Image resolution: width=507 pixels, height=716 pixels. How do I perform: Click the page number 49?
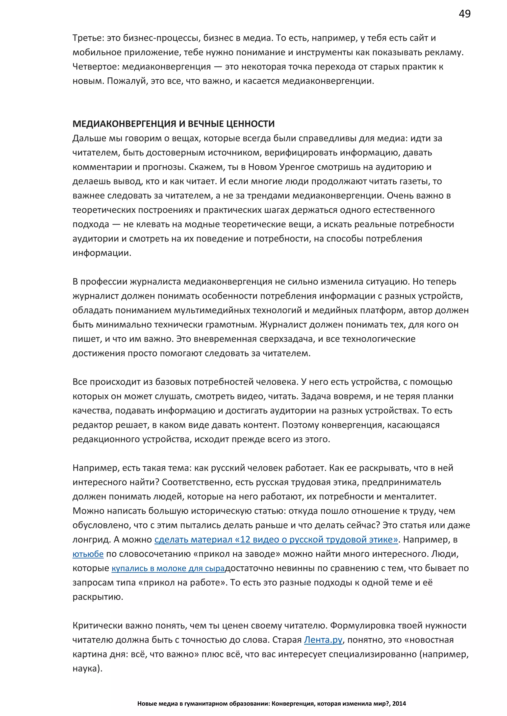464,14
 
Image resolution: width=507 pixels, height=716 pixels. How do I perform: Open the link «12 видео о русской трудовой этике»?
276,539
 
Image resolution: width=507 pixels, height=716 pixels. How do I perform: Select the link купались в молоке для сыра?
168,568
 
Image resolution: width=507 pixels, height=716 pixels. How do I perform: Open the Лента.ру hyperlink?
323,640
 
